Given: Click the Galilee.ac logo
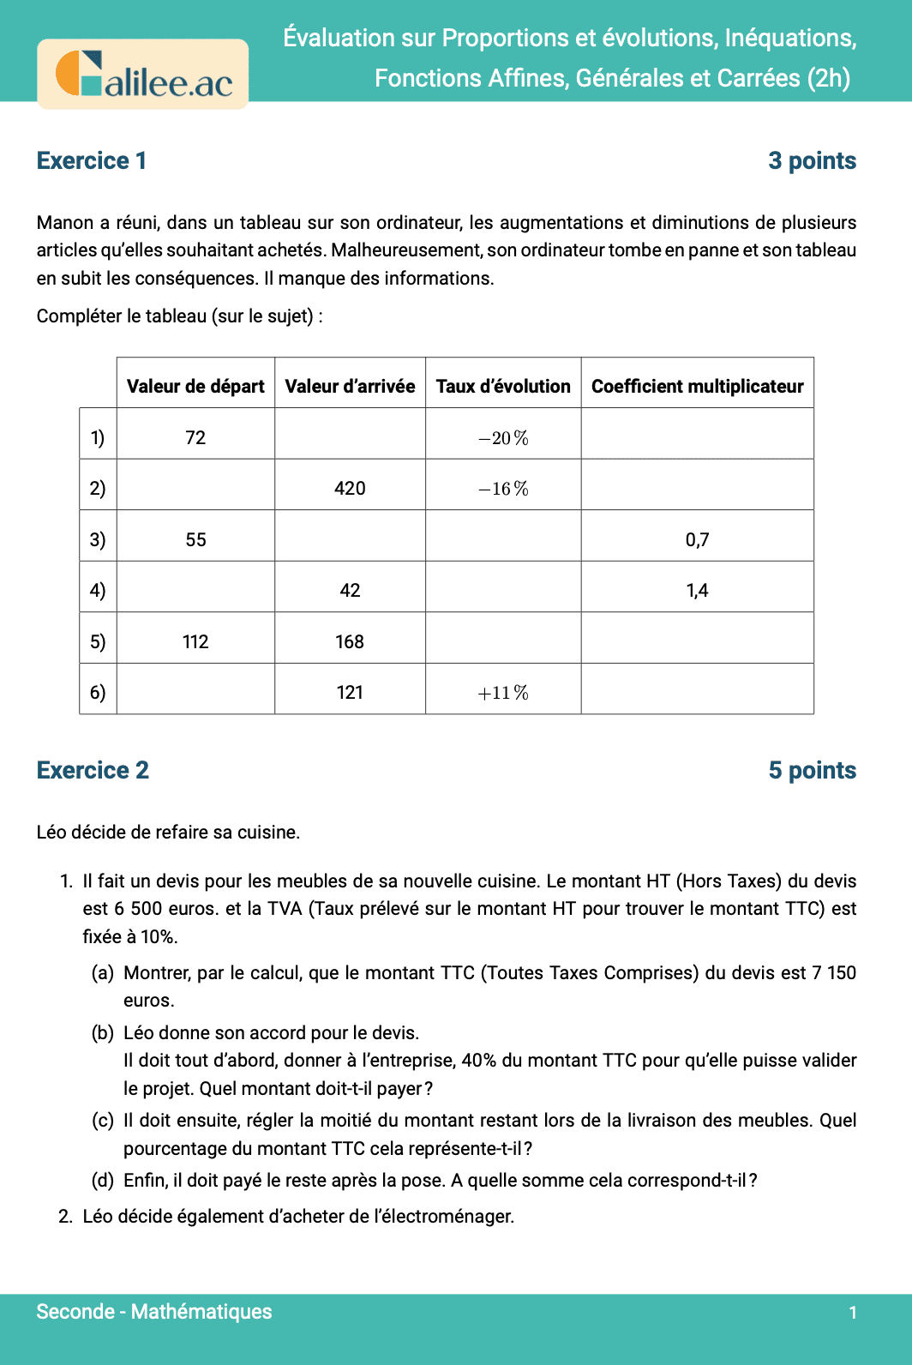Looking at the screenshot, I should pyautogui.click(x=143, y=75).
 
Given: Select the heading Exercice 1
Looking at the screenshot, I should pyautogui.click(x=92, y=160).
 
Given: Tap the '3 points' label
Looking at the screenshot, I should pyautogui.click(x=812, y=160).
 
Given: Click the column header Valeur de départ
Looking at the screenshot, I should pyautogui.click(x=195, y=386).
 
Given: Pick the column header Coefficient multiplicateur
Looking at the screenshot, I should pyautogui.click(x=697, y=386).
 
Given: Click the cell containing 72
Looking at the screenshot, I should pyautogui.click(x=195, y=437).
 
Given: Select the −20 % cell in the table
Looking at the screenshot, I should pyautogui.click(x=503, y=437).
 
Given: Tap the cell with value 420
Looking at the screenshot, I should pyautogui.click(x=350, y=488).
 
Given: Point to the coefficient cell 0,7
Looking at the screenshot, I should pyautogui.click(x=697, y=539).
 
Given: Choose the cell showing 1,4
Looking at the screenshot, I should pyautogui.click(x=697, y=590).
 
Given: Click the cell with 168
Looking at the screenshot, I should pyautogui.click(x=350, y=641).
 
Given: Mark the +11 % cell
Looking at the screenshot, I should pyautogui.click(x=503, y=692).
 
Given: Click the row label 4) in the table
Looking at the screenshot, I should pyautogui.click(x=98, y=590).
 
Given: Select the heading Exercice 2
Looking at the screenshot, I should pyautogui.click(x=93, y=770).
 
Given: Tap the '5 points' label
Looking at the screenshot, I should pyautogui.click(x=812, y=770).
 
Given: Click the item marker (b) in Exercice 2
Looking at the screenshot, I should pyautogui.click(x=103, y=1032).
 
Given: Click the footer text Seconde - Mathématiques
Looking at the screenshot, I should pyautogui.click(x=154, y=1311).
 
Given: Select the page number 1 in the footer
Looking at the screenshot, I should pyautogui.click(x=852, y=1312).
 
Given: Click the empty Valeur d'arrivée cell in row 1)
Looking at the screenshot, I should pyautogui.click(x=350, y=437).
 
